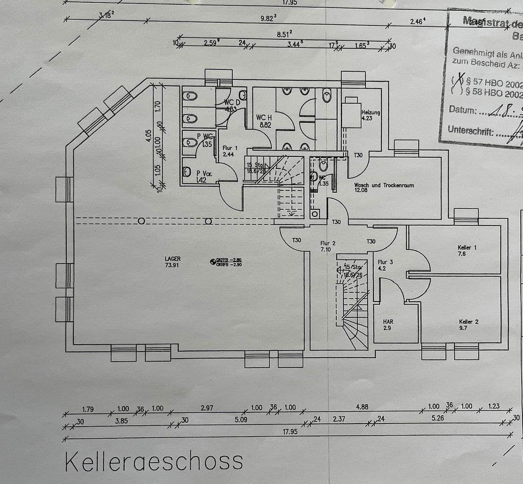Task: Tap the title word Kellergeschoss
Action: tap(154, 461)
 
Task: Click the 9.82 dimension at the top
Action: tap(268, 18)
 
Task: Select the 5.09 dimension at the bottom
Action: tap(241, 420)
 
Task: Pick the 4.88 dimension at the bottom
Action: tap(362, 407)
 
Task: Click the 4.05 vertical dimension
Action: tap(149, 136)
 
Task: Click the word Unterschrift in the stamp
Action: tap(471, 131)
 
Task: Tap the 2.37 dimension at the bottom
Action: tap(339, 419)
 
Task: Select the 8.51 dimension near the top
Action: tap(284, 34)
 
